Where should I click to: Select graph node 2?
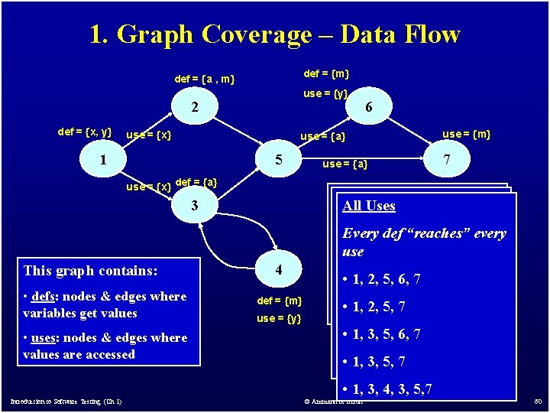click(x=194, y=108)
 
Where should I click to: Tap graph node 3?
click(x=195, y=205)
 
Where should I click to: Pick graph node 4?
click(x=279, y=269)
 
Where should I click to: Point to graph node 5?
click(x=280, y=161)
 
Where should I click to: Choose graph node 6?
click(x=369, y=108)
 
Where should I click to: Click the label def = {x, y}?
click(x=84, y=132)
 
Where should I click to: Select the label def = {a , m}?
click(x=204, y=79)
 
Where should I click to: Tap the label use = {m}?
click(x=467, y=134)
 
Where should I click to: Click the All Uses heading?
click(x=369, y=205)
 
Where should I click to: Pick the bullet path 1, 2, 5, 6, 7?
click(x=382, y=279)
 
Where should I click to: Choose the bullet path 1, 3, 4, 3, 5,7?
click(x=387, y=389)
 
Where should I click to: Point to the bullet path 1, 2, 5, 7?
click(x=374, y=307)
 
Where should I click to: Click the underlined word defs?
click(x=42, y=297)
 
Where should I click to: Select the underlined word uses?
click(x=44, y=338)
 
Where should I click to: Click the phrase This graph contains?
click(x=91, y=270)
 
